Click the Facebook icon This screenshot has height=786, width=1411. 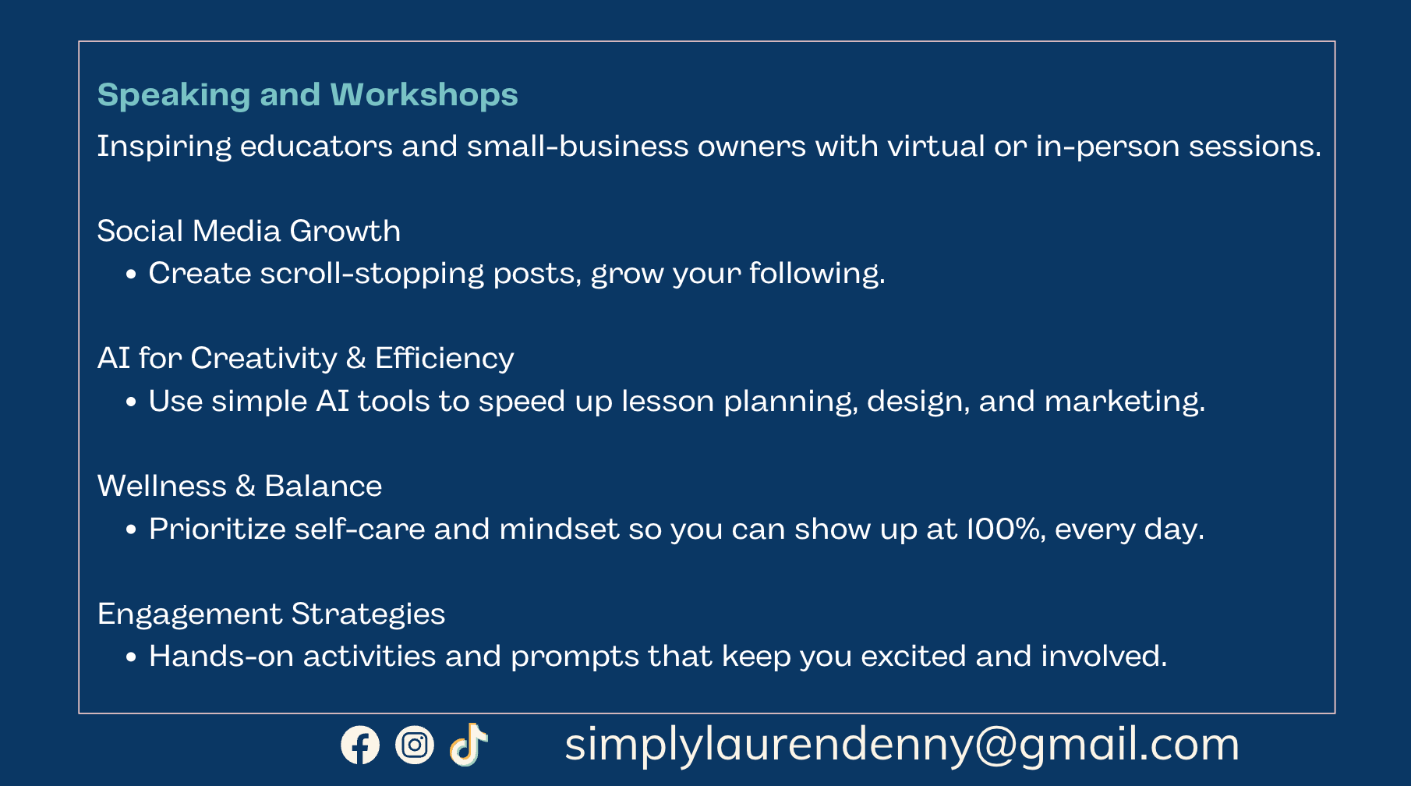pos(360,745)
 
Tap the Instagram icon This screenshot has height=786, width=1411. pos(415,745)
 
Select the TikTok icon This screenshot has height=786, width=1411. pos(469,745)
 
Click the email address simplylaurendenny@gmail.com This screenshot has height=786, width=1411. pos(902,745)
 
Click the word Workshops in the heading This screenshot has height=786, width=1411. pos(424,95)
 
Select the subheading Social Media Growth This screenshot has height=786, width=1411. pos(249,231)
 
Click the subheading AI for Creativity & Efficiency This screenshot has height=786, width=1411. pos(306,358)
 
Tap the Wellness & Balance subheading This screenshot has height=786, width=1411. pos(239,486)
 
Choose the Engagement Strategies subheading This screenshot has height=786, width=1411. pos(271,614)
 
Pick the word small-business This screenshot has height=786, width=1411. pos(578,147)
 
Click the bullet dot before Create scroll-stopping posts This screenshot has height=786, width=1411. pos(131,274)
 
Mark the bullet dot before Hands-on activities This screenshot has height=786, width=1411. pos(131,657)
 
